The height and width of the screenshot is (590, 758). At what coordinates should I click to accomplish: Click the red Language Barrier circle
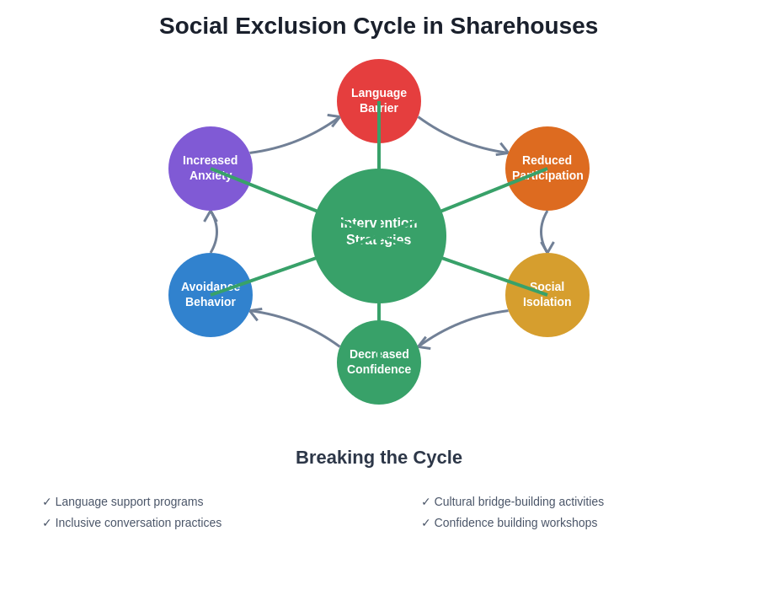click(396, 84)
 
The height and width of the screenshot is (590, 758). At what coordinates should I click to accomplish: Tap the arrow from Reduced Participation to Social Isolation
click(542, 231)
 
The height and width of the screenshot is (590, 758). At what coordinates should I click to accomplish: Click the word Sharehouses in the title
click(524, 26)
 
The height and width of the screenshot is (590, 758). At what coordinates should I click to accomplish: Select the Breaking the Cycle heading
click(379, 458)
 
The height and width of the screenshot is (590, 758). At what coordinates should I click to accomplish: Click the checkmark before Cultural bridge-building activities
click(425, 501)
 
